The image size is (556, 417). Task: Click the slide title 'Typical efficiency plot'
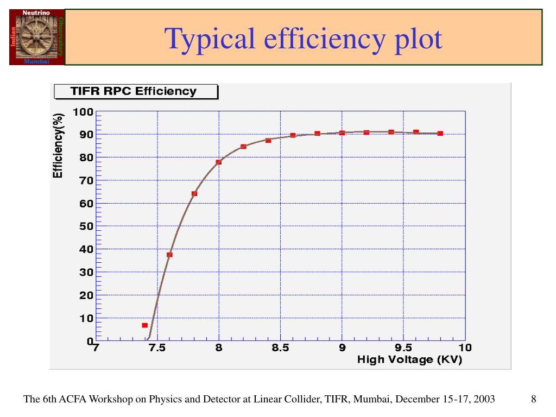[x=304, y=39]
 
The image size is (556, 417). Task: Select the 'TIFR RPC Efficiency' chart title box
[x=136, y=91]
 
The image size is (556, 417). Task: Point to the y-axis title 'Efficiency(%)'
[x=58, y=145]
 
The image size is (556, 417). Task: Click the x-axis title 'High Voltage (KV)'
[x=409, y=359]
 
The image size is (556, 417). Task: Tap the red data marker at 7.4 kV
[x=145, y=325]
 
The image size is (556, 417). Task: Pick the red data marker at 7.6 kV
[x=169, y=255]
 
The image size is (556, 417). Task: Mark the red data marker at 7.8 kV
[x=194, y=194]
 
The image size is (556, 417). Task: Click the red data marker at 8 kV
[x=219, y=162]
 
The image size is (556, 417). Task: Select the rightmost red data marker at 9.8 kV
[x=440, y=133]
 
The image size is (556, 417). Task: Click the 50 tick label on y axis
[x=86, y=226]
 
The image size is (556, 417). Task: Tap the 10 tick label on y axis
[x=86, y=318]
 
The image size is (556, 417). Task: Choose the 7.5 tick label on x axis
[x=157, y=348]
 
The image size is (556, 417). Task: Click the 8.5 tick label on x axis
[x=280, y=348]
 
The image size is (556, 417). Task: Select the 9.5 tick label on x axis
[x=403, y=348]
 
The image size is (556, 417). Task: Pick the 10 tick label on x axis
[x=465, y=348]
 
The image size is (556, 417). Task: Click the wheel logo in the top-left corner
[x=37, y=37]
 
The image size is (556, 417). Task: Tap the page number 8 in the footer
[x=534, y=400]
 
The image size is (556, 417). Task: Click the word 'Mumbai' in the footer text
[x=373, y=400]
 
